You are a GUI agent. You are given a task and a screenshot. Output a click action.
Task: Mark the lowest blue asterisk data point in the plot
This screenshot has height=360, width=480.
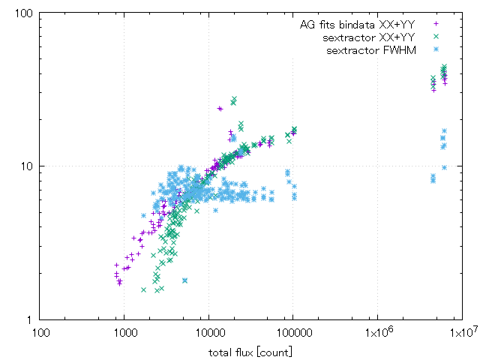(x=184, y=280)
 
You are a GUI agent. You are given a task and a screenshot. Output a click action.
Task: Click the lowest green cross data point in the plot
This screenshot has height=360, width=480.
(x=143, y=289)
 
